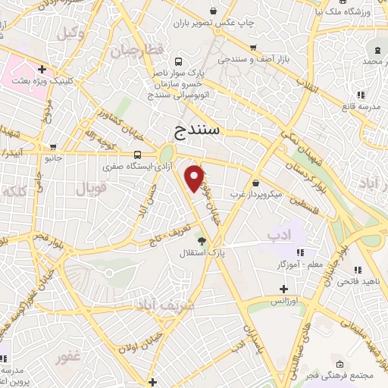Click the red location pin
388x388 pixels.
(x=195, y=178)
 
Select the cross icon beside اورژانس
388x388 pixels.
(x=283, y=289)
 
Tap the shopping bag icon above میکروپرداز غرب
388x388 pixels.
(x=255, y=183)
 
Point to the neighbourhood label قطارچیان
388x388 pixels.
(x=137, y=52)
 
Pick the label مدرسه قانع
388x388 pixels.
(x=356, y=107)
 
